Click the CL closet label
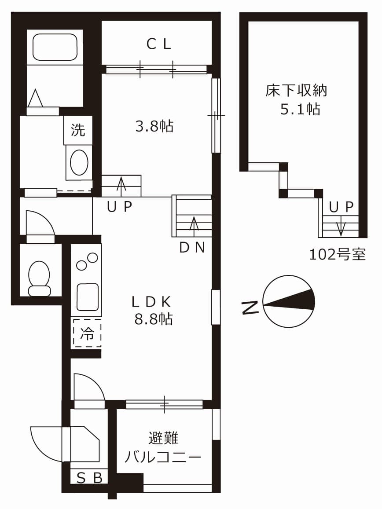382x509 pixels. [x=158, y=44]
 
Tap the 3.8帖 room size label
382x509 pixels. [x=154, y=127]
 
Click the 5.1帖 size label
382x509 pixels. [x=300, y=109]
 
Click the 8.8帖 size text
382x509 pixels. [x=153, y=319]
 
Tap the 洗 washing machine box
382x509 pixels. [x=78, y=130]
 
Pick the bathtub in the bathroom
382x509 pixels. [x=55, y=47]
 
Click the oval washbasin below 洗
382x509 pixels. [x=79, y=162]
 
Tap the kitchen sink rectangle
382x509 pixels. [x=88, y=297]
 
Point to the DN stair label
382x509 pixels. [x=192, y=248]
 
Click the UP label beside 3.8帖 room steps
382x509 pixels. [x=119, y=207]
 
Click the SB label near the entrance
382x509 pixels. [x=90, y=477]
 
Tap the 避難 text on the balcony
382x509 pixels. [x=163, y=438]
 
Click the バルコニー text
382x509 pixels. [x=162, y=458]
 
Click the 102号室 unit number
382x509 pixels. [x=337, y=254]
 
